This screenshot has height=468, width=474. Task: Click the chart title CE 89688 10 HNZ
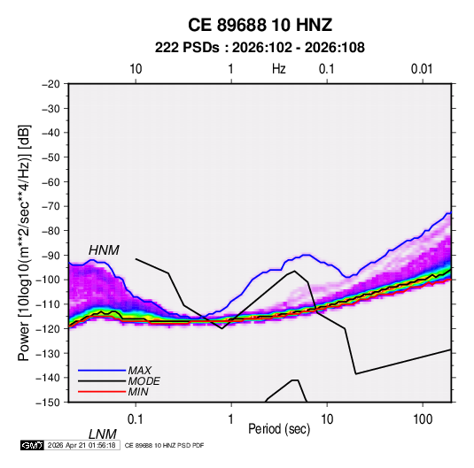tap(260, 25)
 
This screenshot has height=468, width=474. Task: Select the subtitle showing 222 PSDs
tap(260, 48)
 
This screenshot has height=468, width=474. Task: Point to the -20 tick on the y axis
tap(51, 84)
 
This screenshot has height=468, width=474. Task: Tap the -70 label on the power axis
tap(51, 206)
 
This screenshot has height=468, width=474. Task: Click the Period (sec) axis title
tap(279, 429)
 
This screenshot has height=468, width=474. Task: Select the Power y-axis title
tap(24, 242)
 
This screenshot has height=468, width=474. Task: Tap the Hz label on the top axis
tap(279, 69)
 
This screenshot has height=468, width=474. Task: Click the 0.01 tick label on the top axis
tap(422, 69)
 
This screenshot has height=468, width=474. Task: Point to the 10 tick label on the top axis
tap(136, 69)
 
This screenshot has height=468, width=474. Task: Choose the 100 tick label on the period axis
tap(423, 419)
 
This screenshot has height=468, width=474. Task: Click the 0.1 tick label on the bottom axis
tap(135, 419)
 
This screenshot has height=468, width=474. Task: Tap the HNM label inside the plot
tap(104, 250)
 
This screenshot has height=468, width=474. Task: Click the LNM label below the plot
tap(102, 434)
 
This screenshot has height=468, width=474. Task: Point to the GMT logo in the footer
tap(33, 445)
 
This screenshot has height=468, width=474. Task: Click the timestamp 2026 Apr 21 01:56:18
tap(82, 445)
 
